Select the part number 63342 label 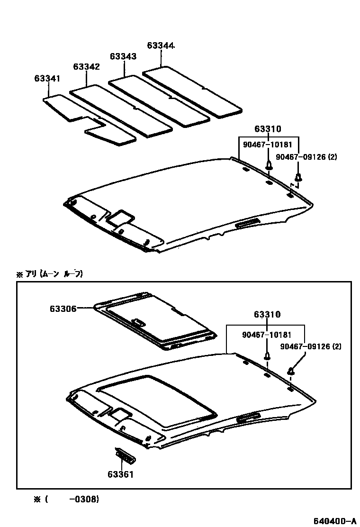point(86,67)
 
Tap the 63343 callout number point(123,56)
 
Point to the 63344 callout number point(161,46)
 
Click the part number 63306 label point(63,308)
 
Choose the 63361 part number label point(120,473)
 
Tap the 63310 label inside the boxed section point(267,315)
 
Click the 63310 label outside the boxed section point(268,129)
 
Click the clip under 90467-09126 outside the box point(298,178)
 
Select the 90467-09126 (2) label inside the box point(310,346)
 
